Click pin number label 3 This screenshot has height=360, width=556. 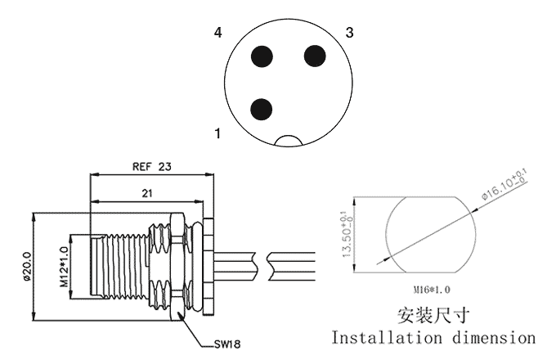[x=350, y=33]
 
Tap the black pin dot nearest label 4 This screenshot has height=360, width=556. [x=262, y=56]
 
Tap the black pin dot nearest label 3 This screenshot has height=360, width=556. [x=315, y=56]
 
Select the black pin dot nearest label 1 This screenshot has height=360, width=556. [x=262, y=108]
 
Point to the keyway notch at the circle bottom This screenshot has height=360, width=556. [x=289, y=141]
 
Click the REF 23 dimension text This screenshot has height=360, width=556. [x=151, y=166]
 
